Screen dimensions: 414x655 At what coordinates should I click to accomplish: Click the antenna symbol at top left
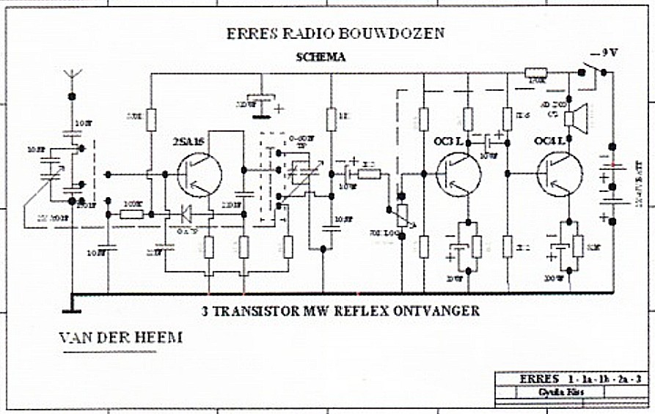72,74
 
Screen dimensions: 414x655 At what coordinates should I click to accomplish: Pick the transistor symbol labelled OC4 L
560,174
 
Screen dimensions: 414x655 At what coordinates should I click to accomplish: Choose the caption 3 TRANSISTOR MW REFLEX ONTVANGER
340,311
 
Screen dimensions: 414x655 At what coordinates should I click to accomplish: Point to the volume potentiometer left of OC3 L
400,212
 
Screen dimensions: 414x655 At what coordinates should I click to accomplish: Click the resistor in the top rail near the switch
534,72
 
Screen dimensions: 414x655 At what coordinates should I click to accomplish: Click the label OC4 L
549,141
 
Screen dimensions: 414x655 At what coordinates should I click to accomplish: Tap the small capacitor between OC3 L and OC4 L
486,139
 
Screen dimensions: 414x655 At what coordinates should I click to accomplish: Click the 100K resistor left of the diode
132,214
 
